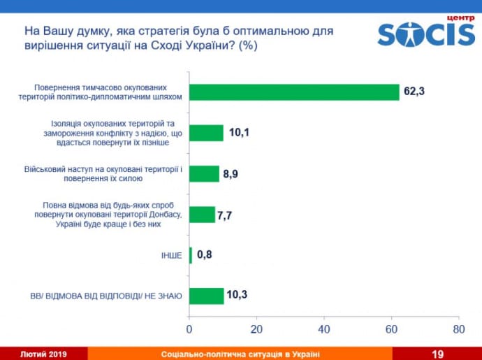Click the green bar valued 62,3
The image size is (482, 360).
tap(294, 92)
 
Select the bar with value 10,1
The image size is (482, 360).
tap(206, 133)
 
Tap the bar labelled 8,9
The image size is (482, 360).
tap(204, 173)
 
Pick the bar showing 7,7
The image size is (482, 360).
tap(202, 214)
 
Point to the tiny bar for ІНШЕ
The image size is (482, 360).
tap(191, 255)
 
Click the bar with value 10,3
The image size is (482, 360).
tap(206, 296)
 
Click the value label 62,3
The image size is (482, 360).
tap(414, 91)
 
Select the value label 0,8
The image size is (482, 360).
tap(205, 255)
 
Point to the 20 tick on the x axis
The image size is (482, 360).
tap(256, 328)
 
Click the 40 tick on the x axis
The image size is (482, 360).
tap(324, 328)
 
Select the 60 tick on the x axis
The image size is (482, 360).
tap(392, 328)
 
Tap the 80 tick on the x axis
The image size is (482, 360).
tap(459, 328)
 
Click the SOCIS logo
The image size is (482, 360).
tap(426, 34)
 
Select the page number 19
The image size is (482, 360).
tap(438, 354)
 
